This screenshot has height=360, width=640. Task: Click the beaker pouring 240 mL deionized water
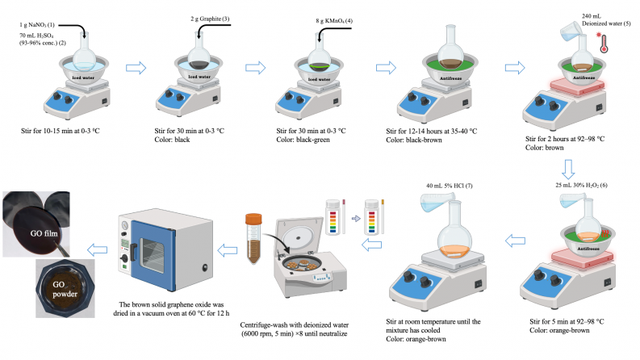[x=571, y=33]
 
